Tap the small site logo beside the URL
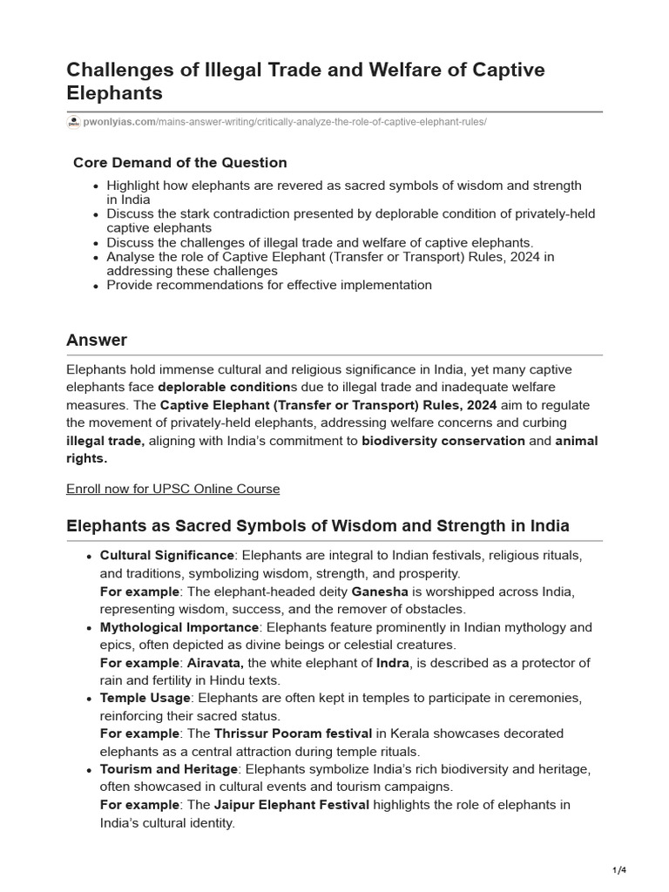(73, 122)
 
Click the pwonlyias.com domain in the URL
(118, 122)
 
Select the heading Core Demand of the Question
(179, 163)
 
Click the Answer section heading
(97, 340)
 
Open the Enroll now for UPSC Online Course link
(172, 489)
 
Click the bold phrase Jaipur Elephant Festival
(291, 805)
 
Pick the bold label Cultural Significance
(167, 556)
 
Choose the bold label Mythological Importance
(179, 627)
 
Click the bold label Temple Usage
(145, 698)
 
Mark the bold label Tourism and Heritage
(169, 769)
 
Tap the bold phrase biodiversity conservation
(443, 441)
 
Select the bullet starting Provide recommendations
(269, 285)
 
